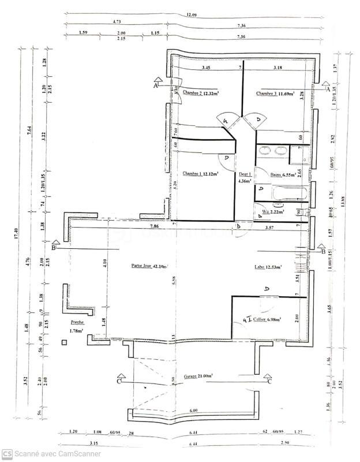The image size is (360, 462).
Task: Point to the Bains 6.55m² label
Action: click(283, 174)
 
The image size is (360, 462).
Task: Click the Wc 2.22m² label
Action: click(274, 213)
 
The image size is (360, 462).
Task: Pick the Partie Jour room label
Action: click(149, 266)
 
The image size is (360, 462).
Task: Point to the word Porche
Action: click(77, 322)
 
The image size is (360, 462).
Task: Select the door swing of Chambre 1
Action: click(226, 158)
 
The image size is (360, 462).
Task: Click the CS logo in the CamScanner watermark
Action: click(6, 453)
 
